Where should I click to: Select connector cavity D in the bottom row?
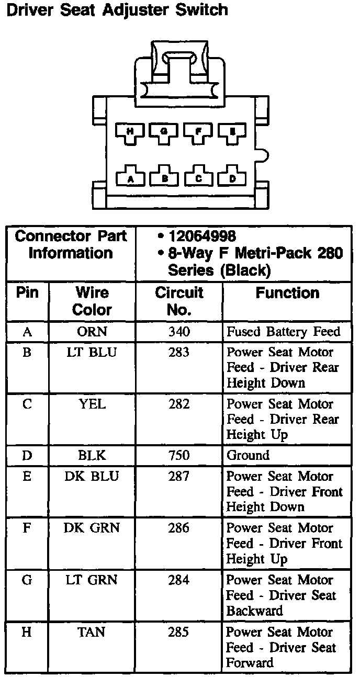pos(232,177)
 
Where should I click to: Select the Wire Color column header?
pos(92,301)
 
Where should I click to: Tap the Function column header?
pos(287,293)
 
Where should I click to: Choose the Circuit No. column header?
pos(179,301)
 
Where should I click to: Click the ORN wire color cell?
pos(92,331)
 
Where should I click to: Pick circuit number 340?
pos(179,331)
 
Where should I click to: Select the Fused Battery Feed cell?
pos(283,331)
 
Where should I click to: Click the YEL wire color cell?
pos(92,404)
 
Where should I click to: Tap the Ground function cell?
pos(248,455)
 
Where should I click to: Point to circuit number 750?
pos(179,455)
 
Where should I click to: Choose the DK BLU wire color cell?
pos(92,476)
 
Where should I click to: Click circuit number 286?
pos(179,528)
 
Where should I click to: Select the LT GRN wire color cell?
pos(92,580)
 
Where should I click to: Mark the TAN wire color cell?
pos(92,632)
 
